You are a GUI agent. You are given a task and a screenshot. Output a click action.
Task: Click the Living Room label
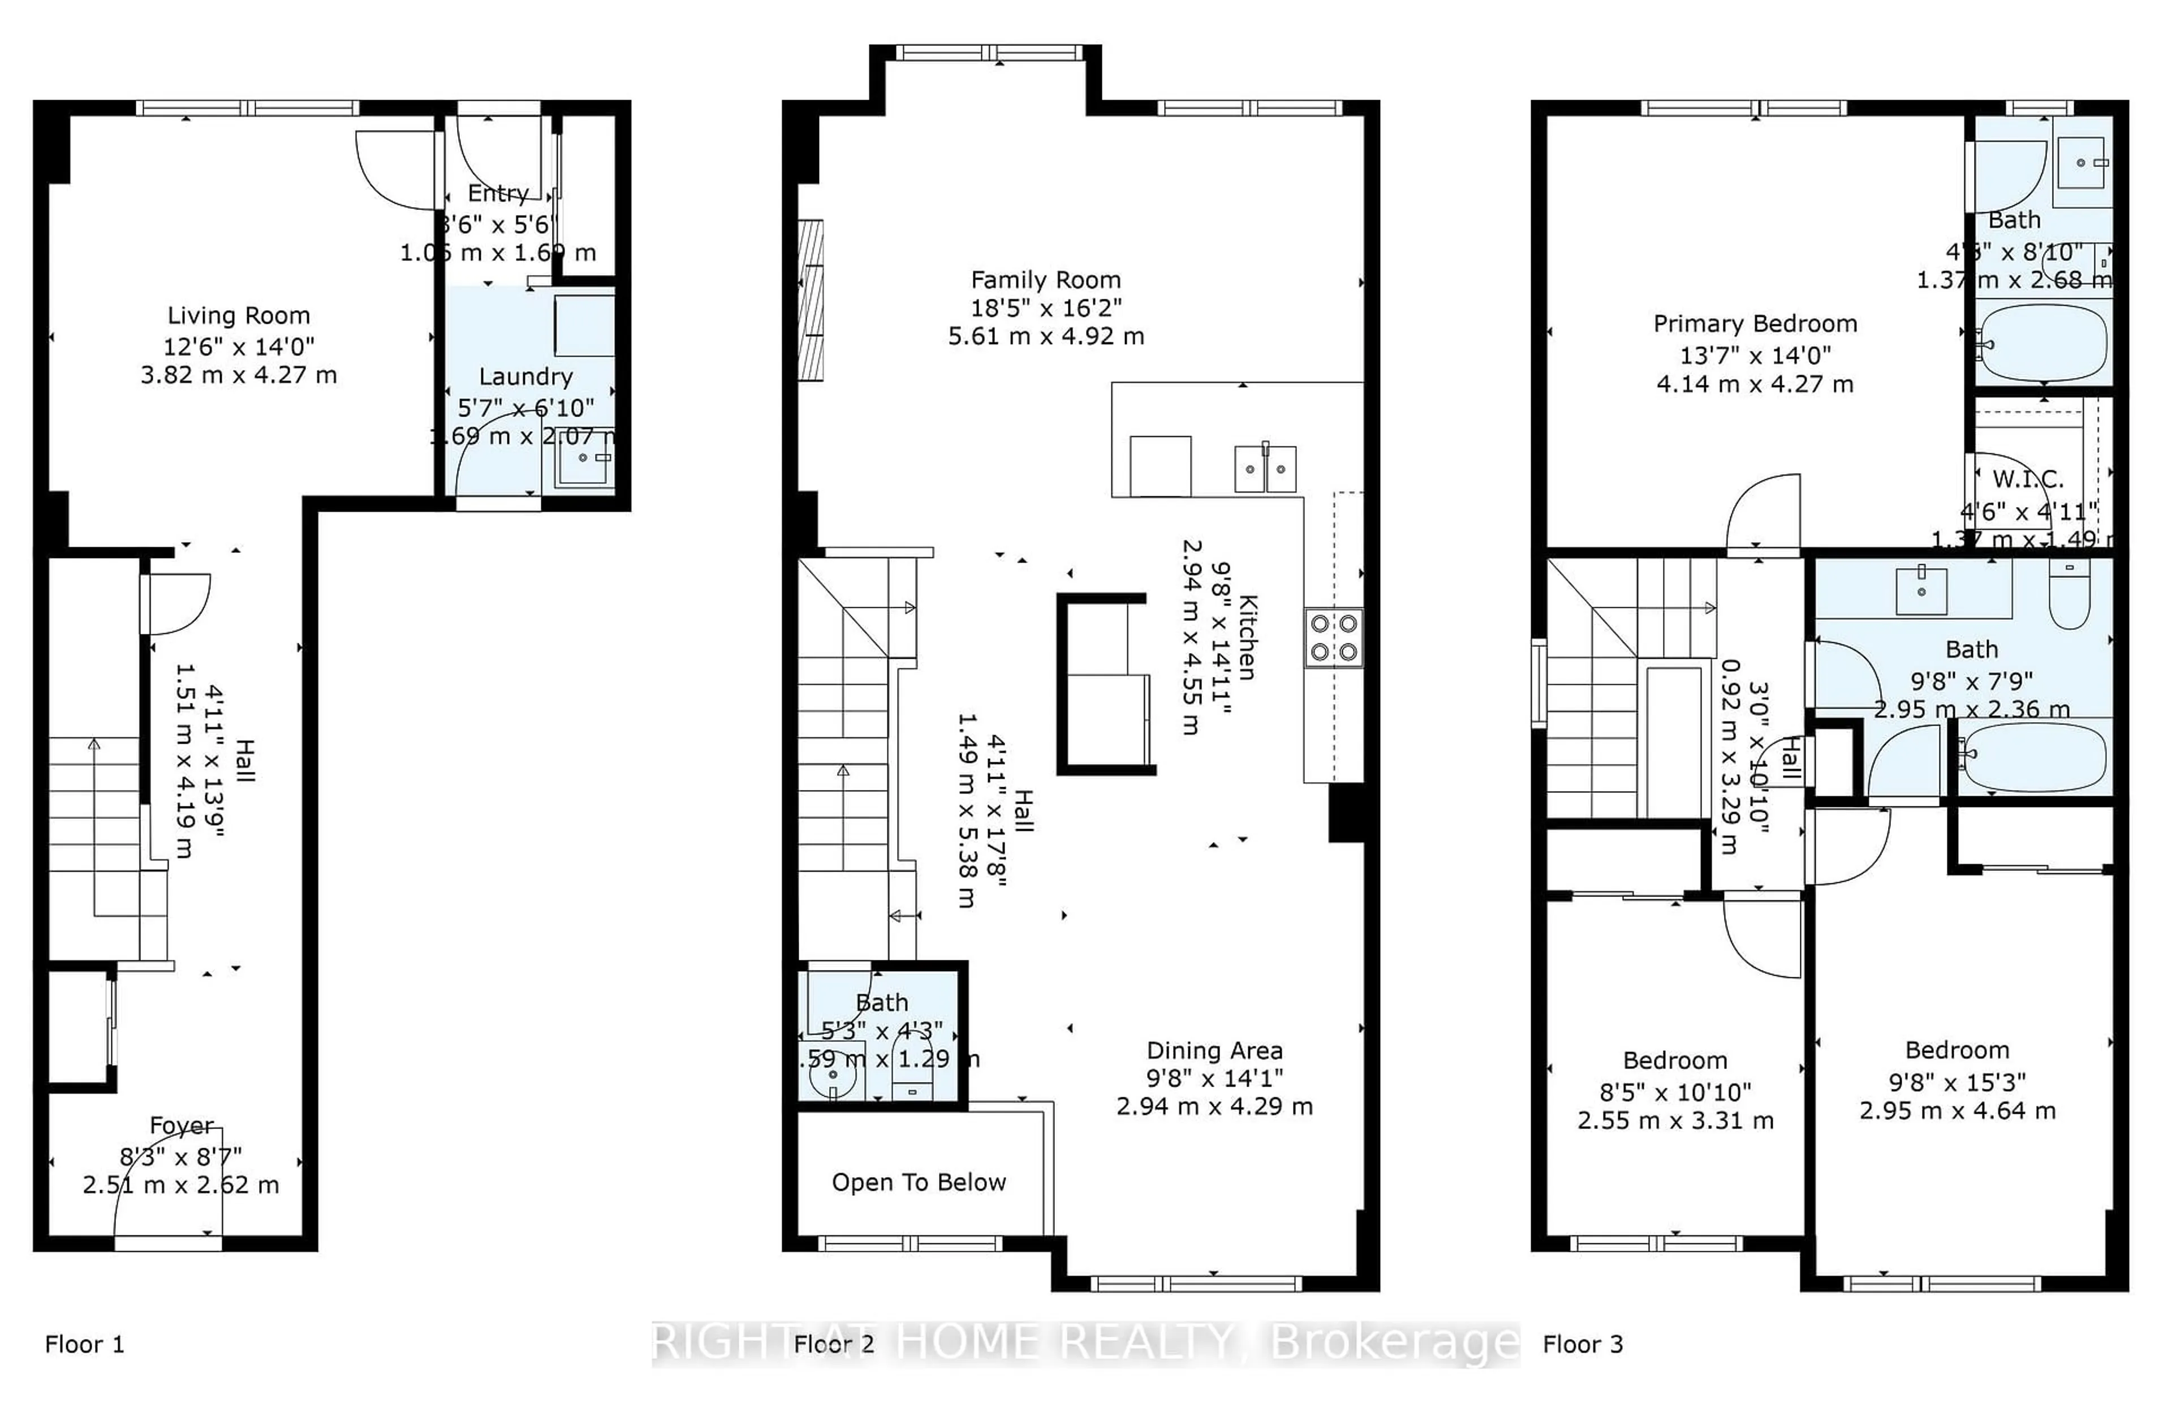(238, 316)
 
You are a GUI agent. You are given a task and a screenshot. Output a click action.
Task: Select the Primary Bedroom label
(1754, 324)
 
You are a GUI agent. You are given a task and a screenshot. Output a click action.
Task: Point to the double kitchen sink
(1265, 469)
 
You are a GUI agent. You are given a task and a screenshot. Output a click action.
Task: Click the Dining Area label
(1214, 1051)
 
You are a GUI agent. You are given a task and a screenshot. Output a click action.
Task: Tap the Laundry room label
(525, 377)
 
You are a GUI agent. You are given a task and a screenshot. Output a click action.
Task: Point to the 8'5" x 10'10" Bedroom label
(1675, 1061)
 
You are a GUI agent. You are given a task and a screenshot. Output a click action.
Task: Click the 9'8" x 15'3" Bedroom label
(1956, 1051)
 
